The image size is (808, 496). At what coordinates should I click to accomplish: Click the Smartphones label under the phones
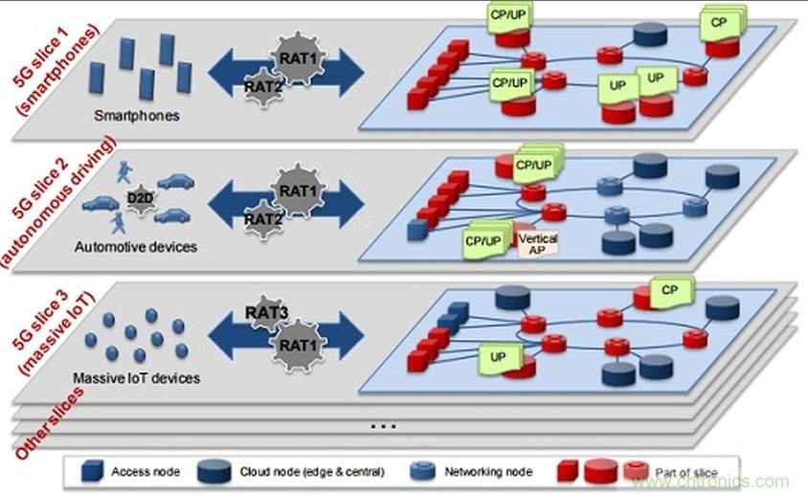137,116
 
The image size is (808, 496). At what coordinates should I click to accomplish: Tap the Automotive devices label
135,247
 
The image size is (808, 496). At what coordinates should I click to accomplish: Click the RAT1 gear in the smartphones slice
292,55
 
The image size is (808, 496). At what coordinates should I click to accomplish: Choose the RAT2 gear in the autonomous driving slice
260,218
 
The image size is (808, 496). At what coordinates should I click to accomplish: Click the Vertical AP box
537,243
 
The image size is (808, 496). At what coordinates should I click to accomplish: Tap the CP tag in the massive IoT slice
671,288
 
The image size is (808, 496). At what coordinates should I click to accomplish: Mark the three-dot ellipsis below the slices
382,423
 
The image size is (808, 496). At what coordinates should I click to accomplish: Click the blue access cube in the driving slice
415,230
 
